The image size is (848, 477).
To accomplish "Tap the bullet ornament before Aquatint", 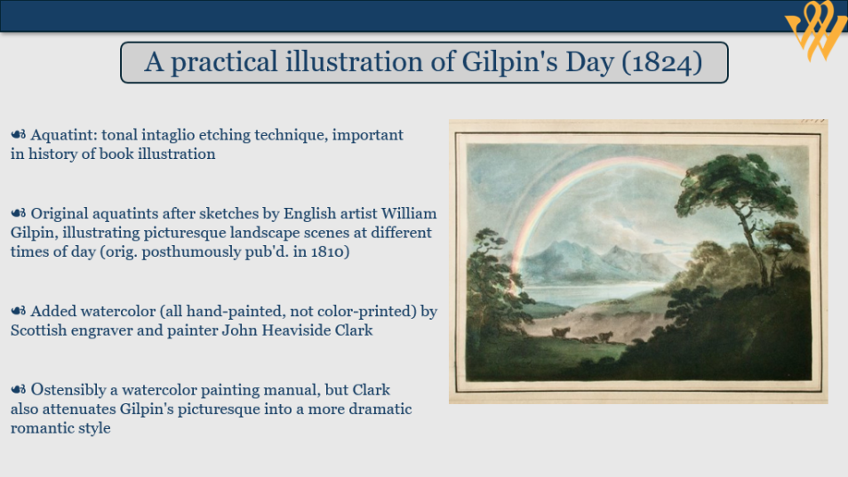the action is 19,134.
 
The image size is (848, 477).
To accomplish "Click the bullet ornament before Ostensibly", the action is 19,389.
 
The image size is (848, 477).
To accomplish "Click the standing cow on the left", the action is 560,332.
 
